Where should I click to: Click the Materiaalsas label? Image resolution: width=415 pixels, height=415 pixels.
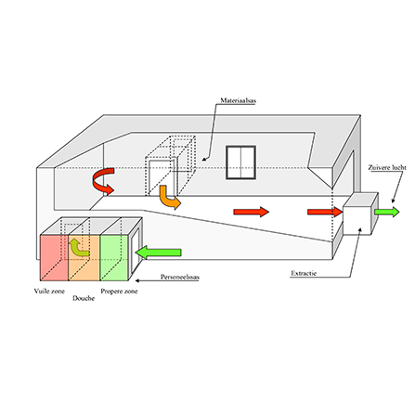tap(238, 100)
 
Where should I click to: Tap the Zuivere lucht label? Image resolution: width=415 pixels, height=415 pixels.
tap(387, 167)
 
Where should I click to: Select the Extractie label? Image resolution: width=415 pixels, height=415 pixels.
tap(304, 273)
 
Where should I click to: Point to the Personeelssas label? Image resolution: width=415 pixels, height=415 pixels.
tap(180, 277)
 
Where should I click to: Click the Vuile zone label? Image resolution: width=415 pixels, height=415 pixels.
tap(49, 291)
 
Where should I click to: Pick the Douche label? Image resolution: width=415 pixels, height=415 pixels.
tap(84, 298)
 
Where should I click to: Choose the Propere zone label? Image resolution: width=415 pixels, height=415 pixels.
tap(119, 291)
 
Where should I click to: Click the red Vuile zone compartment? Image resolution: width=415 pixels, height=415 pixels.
tap(54, 258)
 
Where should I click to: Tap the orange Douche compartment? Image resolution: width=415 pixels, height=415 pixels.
tap(84, 258)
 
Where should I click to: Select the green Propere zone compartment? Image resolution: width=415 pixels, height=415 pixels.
tap(114, 258)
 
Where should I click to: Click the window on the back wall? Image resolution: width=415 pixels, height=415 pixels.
tap(240, 162)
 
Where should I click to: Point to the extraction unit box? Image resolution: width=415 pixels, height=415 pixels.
tap(360, 214)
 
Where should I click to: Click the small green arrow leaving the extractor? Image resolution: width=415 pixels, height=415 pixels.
tap(387, 212)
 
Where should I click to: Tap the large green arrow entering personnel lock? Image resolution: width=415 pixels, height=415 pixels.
tap(159, 253)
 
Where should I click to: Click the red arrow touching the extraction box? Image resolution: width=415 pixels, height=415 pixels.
tap(325, 212)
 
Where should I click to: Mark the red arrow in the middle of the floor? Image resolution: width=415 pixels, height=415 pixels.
tap(252, 212)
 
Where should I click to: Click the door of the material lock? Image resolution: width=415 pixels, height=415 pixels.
tap(161, 177)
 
